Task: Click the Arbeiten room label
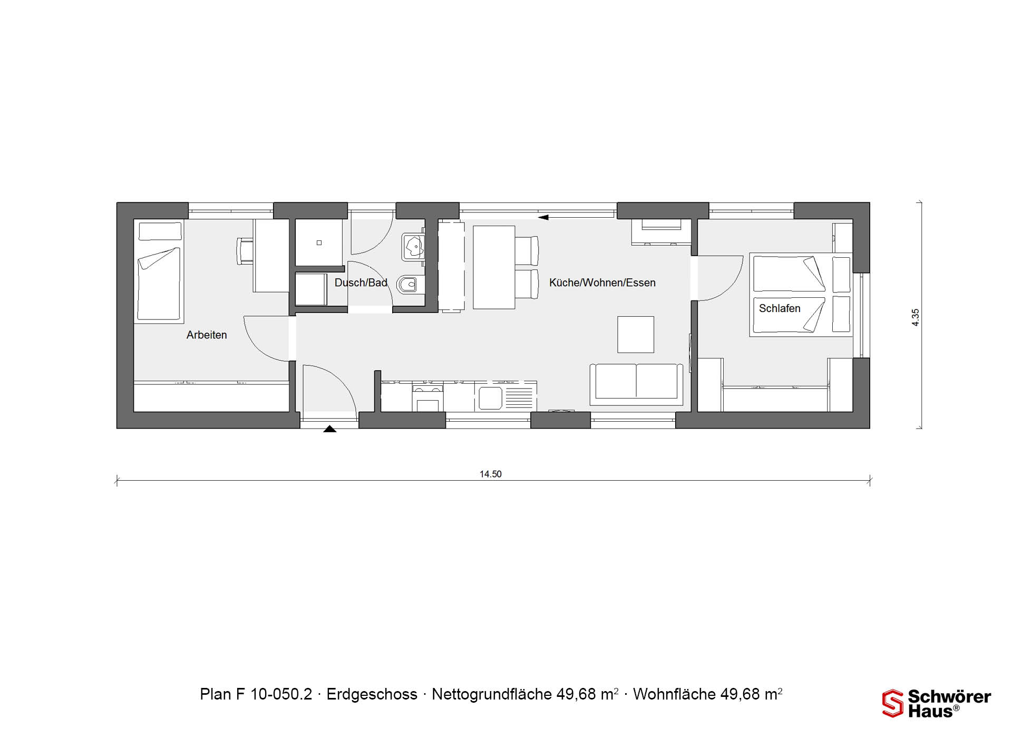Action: click(x=207, y=335)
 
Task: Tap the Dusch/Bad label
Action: click(x=361, y=283)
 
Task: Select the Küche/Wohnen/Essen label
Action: click(x=602, y=283)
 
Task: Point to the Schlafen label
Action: click(x=780, y=308)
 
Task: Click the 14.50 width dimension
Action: click(x=490, y=474)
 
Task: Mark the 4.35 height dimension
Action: click(x=916, y=317)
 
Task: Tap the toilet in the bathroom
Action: click(x=410, y=285)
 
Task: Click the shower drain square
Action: click(x=319, y=243)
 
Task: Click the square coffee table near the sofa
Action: click(x=636, y=335)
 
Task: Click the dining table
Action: click(x=494, y=267)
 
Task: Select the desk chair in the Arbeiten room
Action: click(x=245, y=251)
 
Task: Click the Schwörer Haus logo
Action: click(x=937, y=703)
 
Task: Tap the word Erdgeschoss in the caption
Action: click(x=372, y=694)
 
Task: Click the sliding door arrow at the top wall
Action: click(x=543, y=217)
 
